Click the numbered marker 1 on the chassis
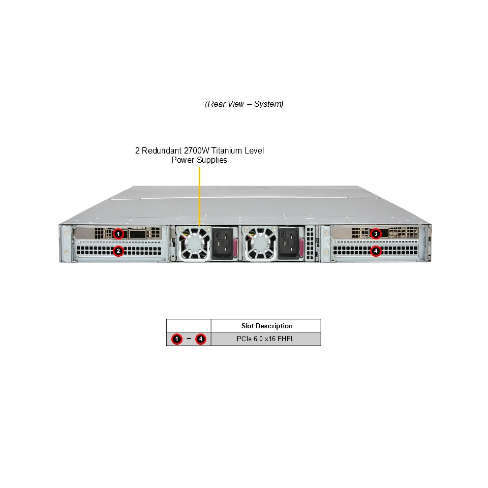118,234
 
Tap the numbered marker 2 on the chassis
118,251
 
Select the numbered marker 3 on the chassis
376,234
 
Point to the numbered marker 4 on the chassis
376,251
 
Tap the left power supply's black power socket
222,243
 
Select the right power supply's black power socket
288,243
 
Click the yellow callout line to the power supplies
200,196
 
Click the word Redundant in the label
162,151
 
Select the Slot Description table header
267,326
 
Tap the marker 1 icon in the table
177,339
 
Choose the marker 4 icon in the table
201,339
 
